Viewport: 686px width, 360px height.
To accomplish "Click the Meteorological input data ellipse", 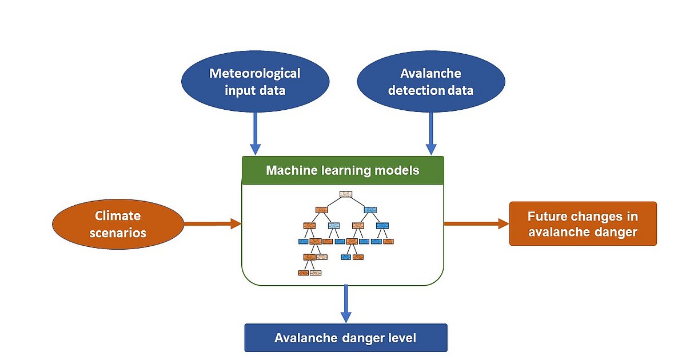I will (x=254, y=81).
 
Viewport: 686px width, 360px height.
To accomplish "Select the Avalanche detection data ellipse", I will (x=430, y=81).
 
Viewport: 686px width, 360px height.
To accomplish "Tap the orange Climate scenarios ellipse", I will (x=118, y=225).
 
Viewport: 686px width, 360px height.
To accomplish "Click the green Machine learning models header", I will (x=342, y=170).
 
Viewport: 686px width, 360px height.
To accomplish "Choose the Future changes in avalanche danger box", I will (x=583, y=224).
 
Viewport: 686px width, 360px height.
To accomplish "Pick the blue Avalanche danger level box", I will (x=345, y=338).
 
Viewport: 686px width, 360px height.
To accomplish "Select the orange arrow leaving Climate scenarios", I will (x=212, y=224).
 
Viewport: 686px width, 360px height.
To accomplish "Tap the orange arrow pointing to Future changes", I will (x=476, y=223).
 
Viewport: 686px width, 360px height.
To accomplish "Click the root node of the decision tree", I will (x=345, y=194).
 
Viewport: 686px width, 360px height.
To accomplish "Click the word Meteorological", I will (x=254, y=73).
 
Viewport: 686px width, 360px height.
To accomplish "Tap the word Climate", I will (x=118, y=216).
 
